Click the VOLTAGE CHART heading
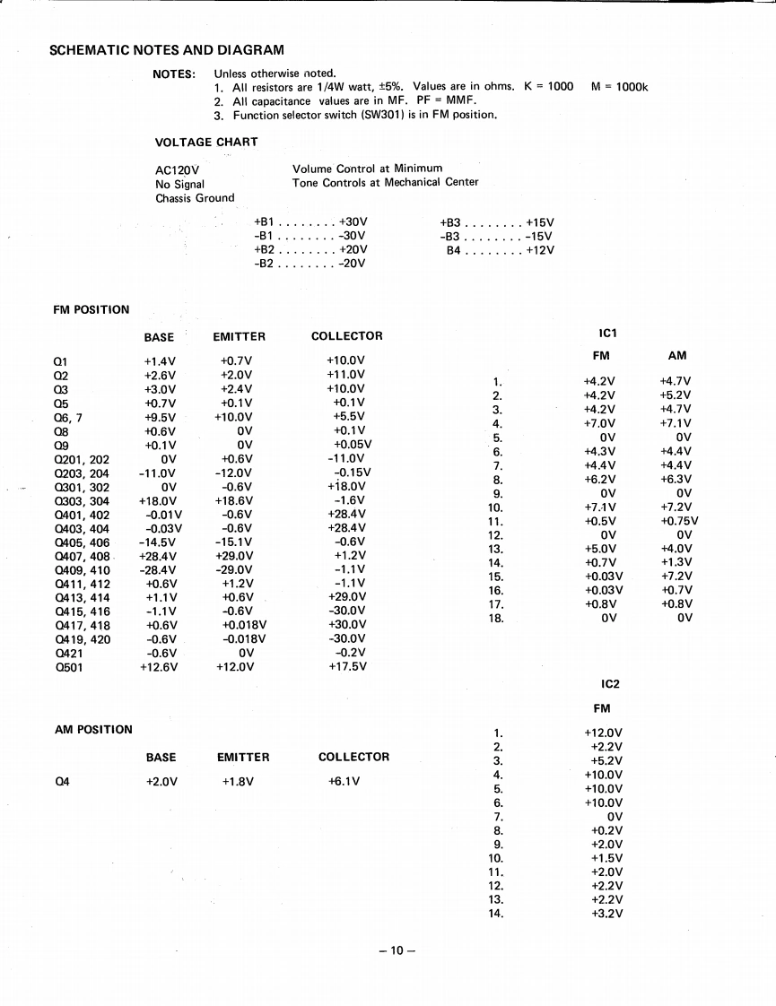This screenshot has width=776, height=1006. (x=206, y=142)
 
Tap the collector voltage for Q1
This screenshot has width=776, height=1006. (x=345, y=360)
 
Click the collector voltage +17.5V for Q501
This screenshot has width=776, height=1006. (x=346, y=666)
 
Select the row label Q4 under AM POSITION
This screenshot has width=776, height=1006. (x=62, y=780)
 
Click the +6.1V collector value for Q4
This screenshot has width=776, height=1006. (x=344, y=780)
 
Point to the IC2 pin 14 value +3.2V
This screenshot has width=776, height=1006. (x=607, y=914)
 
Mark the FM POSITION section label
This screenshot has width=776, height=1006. (x=92, y=310)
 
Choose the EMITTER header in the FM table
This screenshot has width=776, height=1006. (x=239, y=336)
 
